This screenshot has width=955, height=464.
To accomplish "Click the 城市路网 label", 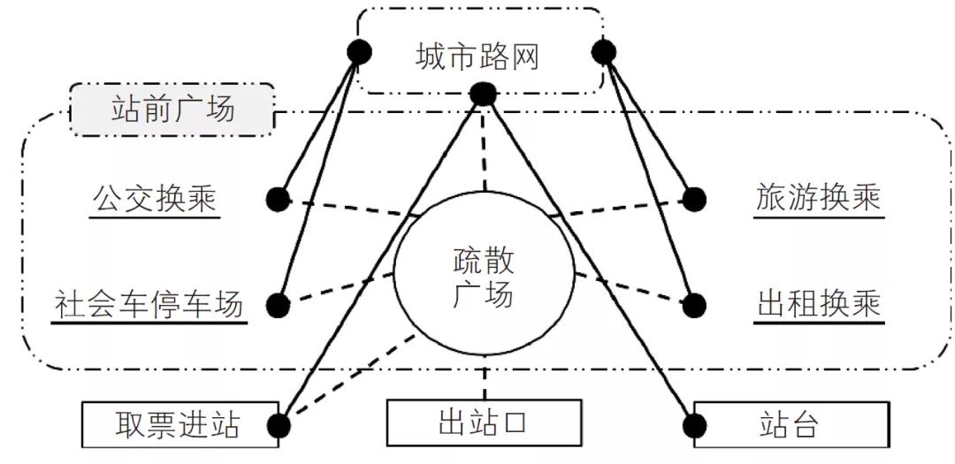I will tap(477, 57).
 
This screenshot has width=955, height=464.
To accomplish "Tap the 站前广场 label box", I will tap(172, 110).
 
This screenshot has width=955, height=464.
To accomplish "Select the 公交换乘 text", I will tap(154, 198).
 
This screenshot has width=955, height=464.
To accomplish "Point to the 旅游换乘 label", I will tap(819, 198).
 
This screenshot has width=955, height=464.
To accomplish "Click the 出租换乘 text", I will tap(819, 305).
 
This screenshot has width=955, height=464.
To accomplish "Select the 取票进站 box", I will tap(177, 424).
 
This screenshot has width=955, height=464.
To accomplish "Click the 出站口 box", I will tap(483, 423).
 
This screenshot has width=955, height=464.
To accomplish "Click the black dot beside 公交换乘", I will tap(279, 200).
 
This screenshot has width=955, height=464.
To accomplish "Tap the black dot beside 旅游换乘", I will tap(695, 200).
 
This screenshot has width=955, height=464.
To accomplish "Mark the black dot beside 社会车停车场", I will tap(279, 306).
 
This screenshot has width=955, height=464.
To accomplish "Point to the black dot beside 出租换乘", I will tap(695, 306).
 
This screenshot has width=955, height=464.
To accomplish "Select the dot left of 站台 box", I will tap(695, 426).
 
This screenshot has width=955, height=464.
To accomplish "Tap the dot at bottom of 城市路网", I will tap(483, 94).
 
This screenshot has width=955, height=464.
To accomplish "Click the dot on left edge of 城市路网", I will tap(359, 52).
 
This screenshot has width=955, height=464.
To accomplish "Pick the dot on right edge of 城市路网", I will tap(603, 52).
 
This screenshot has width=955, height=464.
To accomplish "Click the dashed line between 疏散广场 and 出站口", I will tap(484, 378).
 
